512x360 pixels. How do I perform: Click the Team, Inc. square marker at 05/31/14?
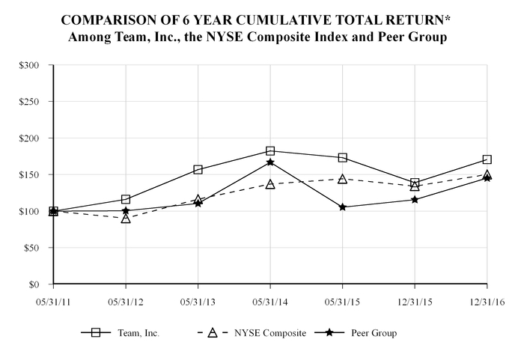coord(270,151)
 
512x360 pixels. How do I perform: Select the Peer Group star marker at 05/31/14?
coord(270,162)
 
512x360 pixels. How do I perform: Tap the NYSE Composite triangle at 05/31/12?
coord(126,219)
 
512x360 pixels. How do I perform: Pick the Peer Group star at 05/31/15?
coord(342,207)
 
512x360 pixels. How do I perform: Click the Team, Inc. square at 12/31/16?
coord(487,159)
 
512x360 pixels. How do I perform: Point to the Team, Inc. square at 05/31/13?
coord(198,170)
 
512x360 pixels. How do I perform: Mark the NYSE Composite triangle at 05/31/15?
coord(342,180)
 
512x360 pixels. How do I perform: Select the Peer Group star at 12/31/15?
coord(415,200)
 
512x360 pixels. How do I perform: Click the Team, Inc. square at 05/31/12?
coord(126,199)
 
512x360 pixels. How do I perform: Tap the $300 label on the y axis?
coord(29,65)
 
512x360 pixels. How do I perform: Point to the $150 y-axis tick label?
coord(29,175)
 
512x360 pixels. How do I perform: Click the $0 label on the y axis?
coord(34,285)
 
